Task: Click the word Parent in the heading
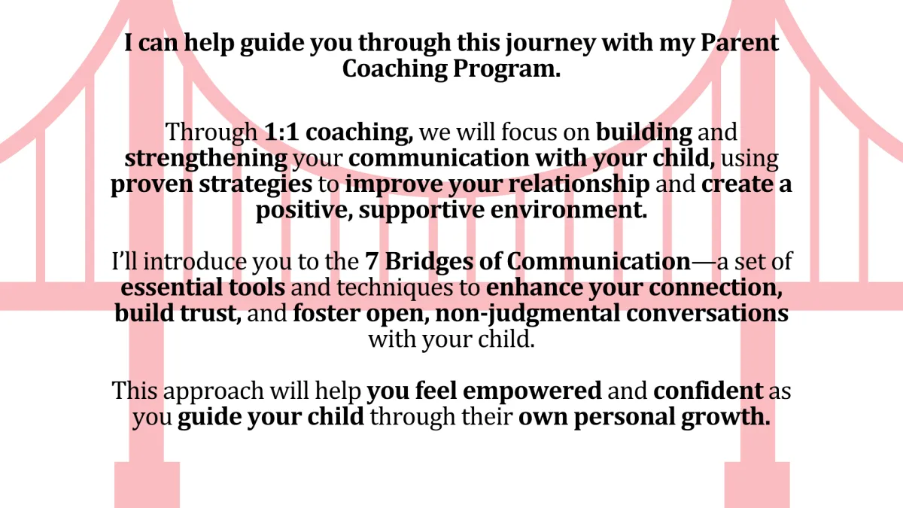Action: pos(740,42)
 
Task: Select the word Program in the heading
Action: pos(506,69)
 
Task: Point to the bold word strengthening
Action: pos(206,159)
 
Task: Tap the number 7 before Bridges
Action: pos(372,262)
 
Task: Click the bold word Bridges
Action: pos(429,262)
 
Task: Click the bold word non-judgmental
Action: pos(528,314)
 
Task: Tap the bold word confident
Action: pos(708,391)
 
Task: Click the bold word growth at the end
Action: pos(725,417)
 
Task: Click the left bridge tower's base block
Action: pos(147,485)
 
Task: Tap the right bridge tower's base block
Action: pos(757,485)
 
